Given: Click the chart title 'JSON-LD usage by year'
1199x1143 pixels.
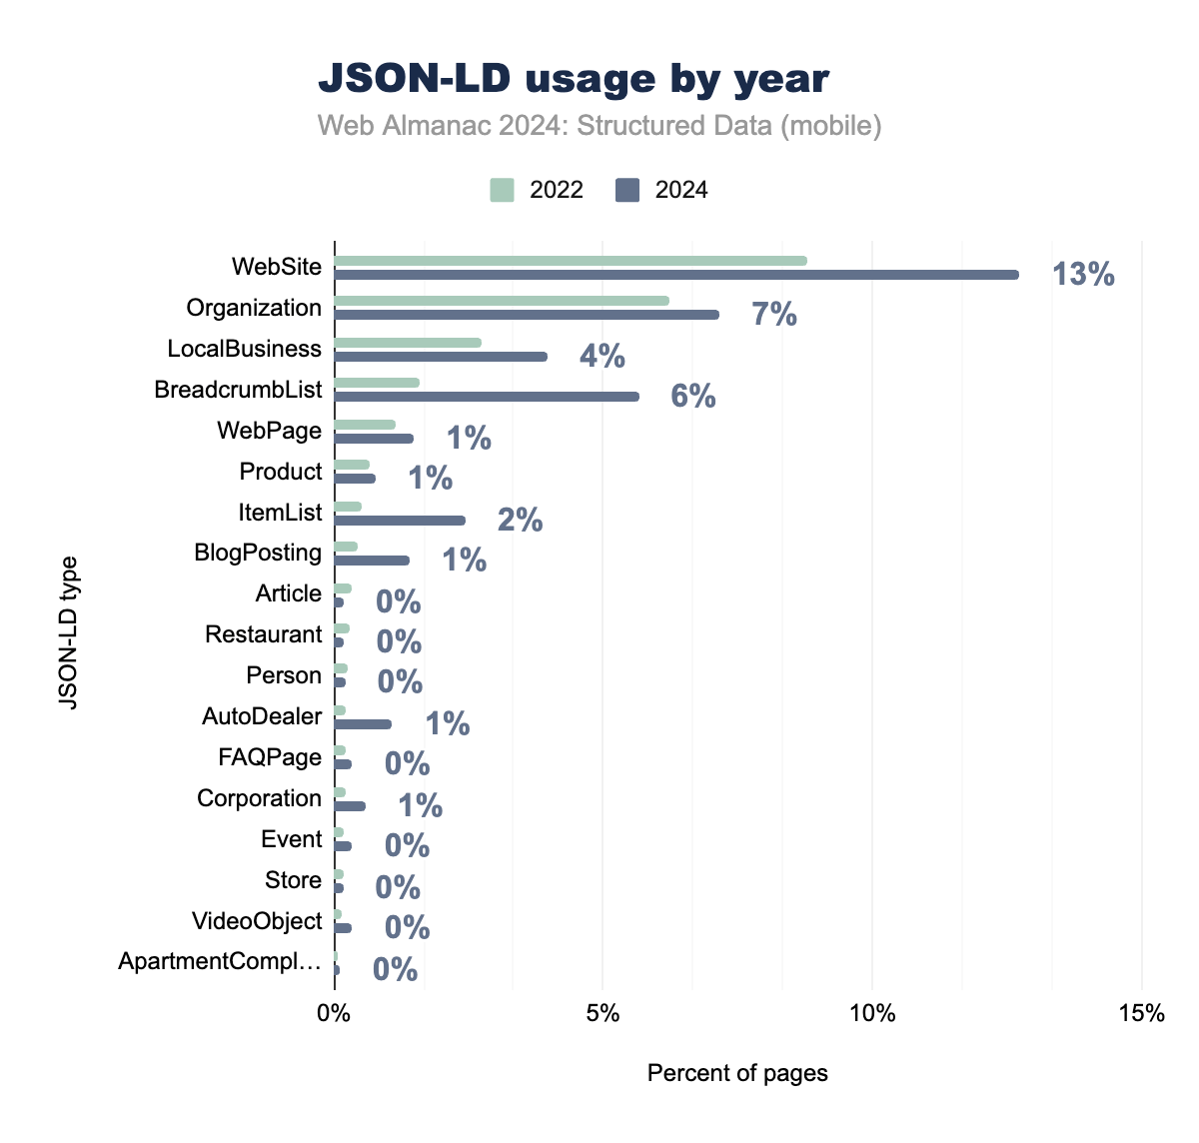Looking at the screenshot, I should (574, 79).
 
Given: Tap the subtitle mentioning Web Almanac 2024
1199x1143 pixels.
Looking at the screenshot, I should (599, 126).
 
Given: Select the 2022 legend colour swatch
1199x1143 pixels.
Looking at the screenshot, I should (502, 190).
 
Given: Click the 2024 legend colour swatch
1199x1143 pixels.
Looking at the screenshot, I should (627, 190).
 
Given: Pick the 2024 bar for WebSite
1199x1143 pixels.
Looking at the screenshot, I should (675, 275).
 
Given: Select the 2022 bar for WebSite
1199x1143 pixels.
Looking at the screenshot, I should (570, 261).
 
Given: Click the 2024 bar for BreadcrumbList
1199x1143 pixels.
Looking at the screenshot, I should (486, 397).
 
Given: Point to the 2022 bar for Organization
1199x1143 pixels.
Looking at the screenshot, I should (501, 301).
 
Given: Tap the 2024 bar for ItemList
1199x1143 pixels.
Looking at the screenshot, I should (399, 521).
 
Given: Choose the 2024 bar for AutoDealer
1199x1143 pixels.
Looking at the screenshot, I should (362, 724).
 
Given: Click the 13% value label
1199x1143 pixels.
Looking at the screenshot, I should (1083, 274).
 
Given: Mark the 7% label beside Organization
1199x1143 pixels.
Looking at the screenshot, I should (774, 315).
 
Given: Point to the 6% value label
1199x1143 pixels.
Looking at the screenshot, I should (693, 397).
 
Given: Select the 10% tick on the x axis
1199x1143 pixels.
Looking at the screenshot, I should (872, 1013).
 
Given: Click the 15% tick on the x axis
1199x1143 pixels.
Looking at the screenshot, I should (1141, 1013).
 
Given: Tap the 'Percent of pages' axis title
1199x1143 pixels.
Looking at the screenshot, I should (737, 1073).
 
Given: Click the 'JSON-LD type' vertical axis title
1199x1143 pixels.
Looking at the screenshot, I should (68, 631).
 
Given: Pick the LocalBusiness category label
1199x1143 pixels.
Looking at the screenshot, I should (245, 349).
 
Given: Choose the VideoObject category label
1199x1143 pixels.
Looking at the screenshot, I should (257, 921).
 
